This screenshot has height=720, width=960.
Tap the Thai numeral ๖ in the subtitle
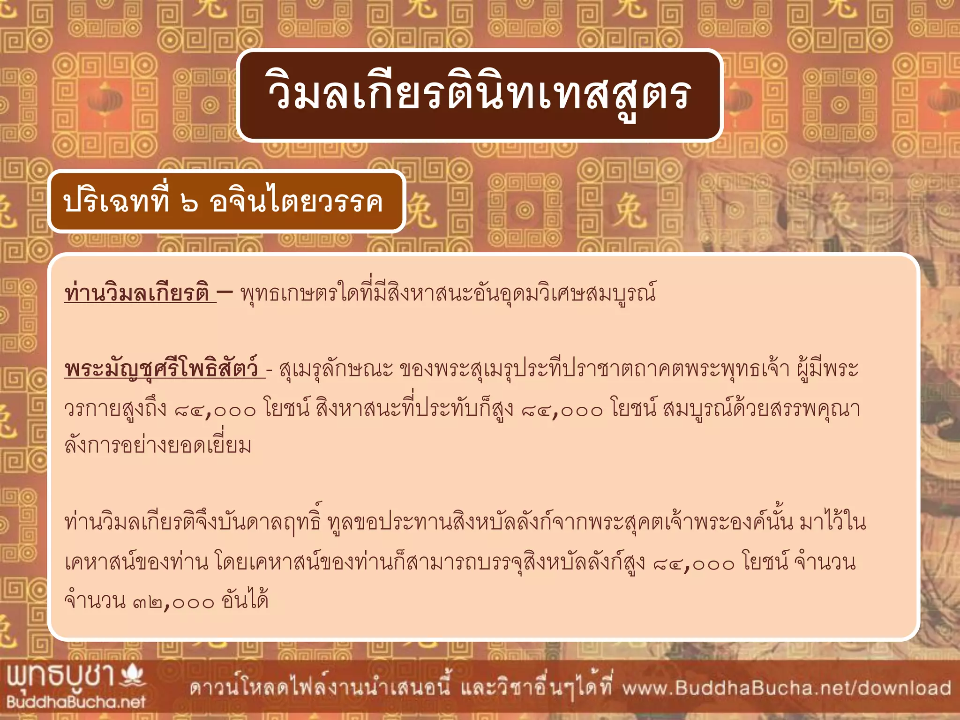[x=189, y=202]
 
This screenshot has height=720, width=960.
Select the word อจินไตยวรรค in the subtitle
[x=296, y=202]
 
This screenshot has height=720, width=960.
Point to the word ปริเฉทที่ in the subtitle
[x=116, y=202]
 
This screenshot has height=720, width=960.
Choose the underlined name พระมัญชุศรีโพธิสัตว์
[x=162, y=369]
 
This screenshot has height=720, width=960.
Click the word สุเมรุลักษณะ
[x=336, y=369]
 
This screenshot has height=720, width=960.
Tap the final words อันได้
[x=245, y=601]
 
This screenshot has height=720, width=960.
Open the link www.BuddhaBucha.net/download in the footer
[x=787, y=688]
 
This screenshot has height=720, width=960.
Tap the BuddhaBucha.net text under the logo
[x=75, y=702]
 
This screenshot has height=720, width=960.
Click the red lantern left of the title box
[x=104, y=100]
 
